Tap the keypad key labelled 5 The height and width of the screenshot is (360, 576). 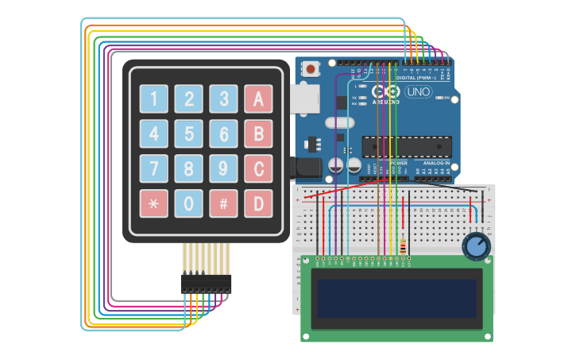pyautogui.click(x=189, y=134)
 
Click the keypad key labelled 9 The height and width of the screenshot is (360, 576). pyautogui.click(x=224, y=168)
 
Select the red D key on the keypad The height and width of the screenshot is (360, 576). pyautogui.click(x=258, y=203)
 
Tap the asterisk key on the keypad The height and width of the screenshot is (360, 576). pyautogui.click(x=154, y=203)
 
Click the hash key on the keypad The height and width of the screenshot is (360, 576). pyautogui.click(x=224, y=203)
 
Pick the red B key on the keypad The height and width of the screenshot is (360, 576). pyautogui.click(x=258, y=134)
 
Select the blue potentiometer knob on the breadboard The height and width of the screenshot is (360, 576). pyautogui.click(x=476, y=246)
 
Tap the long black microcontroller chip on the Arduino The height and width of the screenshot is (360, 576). pyautogui.click(x=407, y=147)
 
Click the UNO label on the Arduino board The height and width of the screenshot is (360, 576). pyautogui.click(x=418, y=92)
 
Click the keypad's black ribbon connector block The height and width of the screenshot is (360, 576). pyautogui.click(x=206, y=283)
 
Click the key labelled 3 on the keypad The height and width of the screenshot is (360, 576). pyautogui.click(x=224, y=99)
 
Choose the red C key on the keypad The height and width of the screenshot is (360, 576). pyautogui.click(x=258, y=168)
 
